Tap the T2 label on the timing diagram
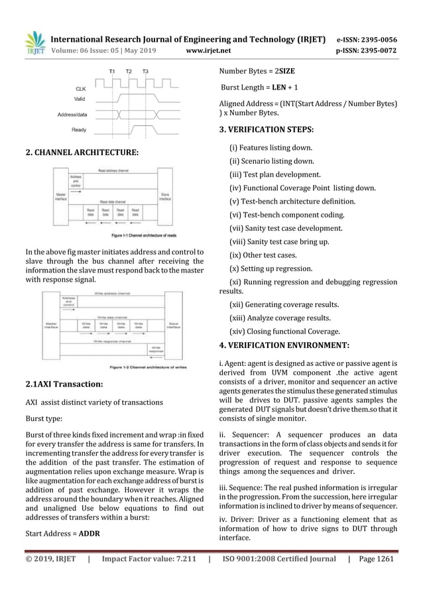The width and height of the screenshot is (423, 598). pos(129,70)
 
